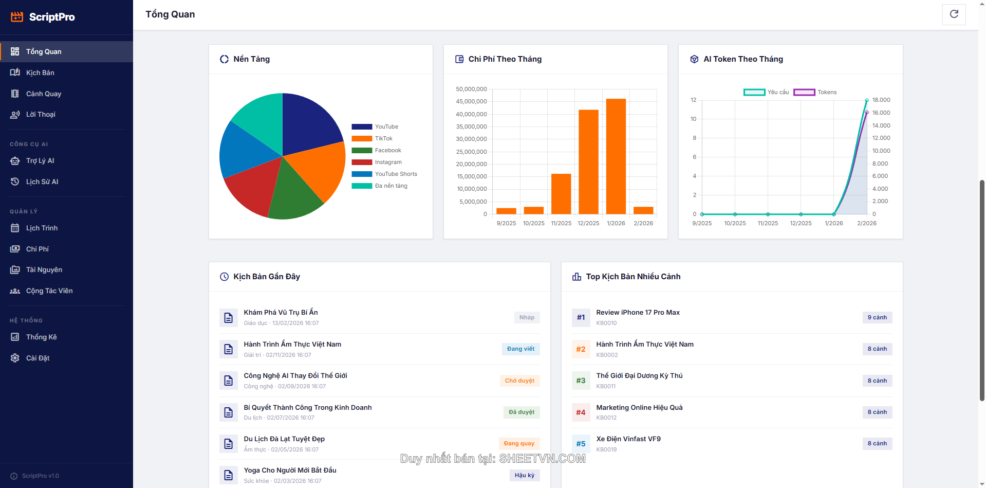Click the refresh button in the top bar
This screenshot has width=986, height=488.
click(954, 14)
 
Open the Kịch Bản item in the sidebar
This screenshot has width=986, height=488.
click(40, 73)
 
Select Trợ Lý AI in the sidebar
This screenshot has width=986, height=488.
click(40, 160)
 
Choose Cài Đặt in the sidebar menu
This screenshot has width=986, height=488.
click(38, 358)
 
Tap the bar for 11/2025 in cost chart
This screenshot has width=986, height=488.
click(561, 194)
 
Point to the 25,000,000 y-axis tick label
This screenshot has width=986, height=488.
click(471, 152)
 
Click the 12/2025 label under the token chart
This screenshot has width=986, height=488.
click(801, 223)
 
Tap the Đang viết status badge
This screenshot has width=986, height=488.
click(520, 349)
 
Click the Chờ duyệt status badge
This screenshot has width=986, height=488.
click(519, 381)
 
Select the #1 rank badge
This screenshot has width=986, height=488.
click(581, 317)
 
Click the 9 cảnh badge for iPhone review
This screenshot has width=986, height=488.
click(877, 317)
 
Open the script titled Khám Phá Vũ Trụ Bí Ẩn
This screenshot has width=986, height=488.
click(281, 312)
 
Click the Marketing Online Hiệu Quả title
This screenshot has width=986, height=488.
click(639, 407)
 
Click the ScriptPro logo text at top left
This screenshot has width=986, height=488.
click(52, 17)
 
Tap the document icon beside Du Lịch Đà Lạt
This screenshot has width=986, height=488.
click(228, 444)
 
